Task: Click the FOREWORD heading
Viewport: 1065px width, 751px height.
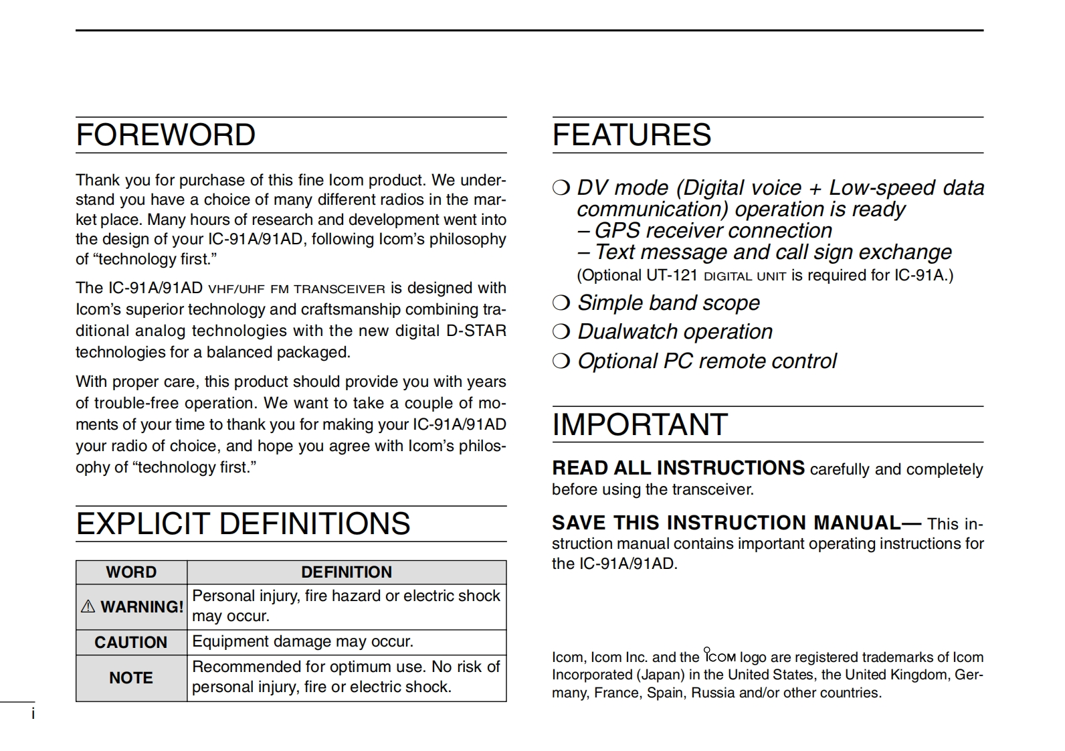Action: [165, 135]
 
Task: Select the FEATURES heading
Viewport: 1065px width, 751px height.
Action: [632, 135]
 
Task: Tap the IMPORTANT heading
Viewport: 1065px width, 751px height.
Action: [640, 425]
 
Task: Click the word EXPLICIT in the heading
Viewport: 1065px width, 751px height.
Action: [142, 524]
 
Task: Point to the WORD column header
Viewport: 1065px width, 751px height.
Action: [131, 572]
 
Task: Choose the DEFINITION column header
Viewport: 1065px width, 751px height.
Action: [347, 572]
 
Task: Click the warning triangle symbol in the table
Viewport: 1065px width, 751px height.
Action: [88, 607]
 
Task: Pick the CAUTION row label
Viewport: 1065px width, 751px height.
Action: [131, 643]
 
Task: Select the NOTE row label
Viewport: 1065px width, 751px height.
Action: [131, 678]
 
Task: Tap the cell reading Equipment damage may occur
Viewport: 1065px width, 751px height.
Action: [303, 642]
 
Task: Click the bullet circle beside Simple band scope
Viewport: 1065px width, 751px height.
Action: [561, 303]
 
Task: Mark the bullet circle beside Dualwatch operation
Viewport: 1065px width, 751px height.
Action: [561, 332]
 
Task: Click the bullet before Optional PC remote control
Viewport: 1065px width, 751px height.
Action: [561, 361]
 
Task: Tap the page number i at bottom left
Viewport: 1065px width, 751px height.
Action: [33, 714]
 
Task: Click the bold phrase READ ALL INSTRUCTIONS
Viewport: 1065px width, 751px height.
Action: [678, 468]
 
